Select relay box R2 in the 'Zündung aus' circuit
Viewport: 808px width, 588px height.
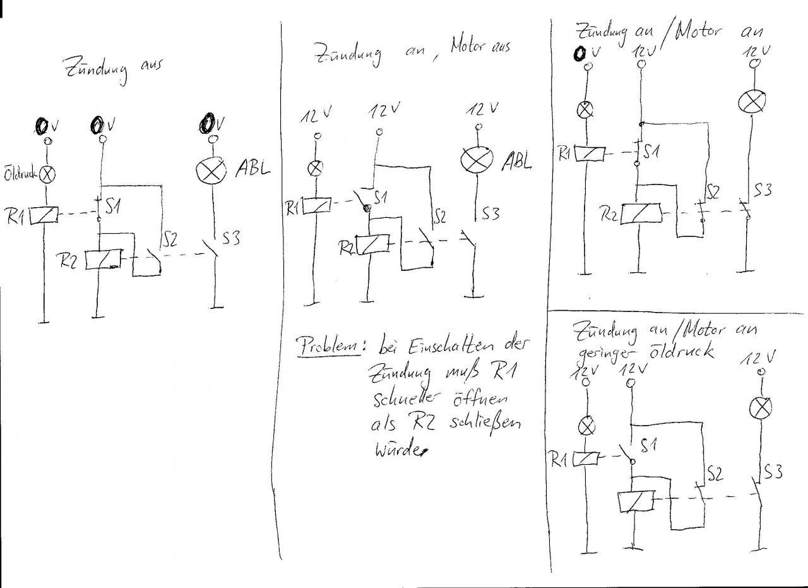tap(102, 260)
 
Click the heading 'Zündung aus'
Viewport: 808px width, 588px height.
tap(110, 69)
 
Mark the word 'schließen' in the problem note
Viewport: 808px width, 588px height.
tap(485, 424)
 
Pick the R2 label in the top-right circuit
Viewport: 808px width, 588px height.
tap(609, 215)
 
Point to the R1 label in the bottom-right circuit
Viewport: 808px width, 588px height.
tap(559, 461)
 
